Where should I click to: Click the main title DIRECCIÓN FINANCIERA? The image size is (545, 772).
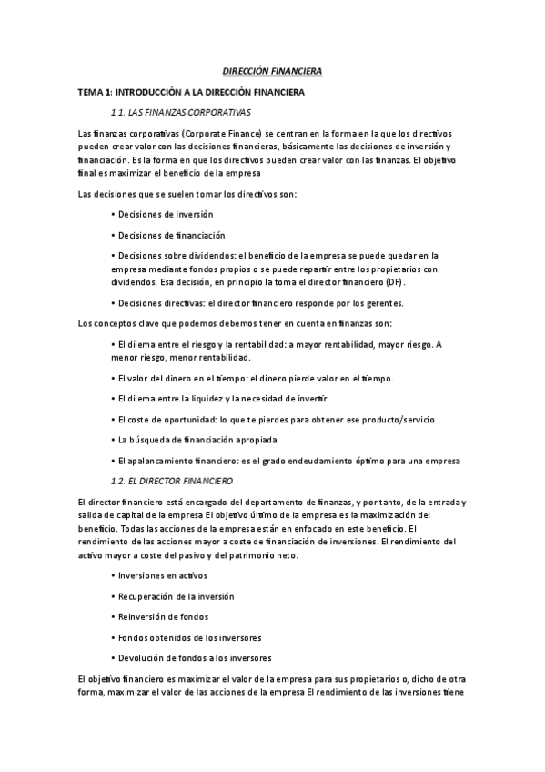(272, 71)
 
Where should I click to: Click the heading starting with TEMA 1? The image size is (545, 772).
(191, 93)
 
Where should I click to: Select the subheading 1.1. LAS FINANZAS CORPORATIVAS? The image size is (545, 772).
(179, 112)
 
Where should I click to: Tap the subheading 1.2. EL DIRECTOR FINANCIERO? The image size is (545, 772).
(170, 480)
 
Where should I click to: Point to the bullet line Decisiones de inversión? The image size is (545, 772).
(161, 214)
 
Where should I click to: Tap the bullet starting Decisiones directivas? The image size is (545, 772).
(256, 303)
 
